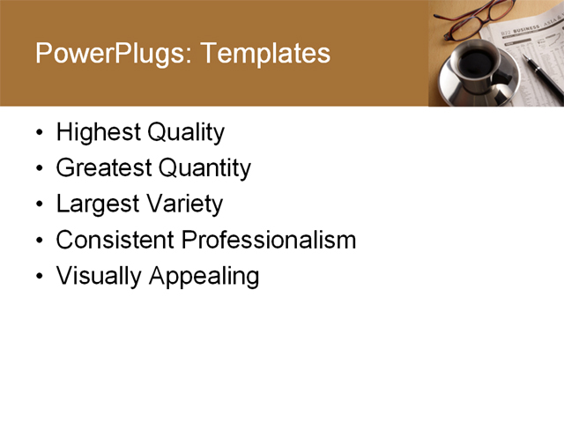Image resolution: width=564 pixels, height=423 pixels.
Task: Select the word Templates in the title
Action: point(265,55)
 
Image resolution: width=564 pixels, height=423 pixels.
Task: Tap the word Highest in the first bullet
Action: point(99,133)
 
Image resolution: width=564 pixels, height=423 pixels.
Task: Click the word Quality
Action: point(186,133)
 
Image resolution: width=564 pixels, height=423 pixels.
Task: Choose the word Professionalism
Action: point(269,240)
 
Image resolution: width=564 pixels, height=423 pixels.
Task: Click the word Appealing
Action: point(204,276)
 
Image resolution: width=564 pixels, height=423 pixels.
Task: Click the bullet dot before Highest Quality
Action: point(39,134)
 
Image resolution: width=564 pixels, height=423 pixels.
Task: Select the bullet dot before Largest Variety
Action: point(39,205)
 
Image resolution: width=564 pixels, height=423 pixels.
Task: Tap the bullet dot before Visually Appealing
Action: point(39,277)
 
